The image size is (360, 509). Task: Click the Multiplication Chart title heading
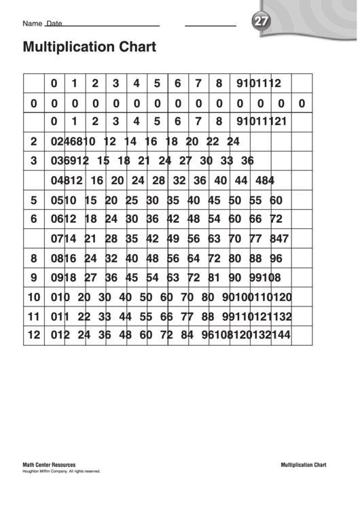[89, 47]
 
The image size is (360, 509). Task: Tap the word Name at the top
[32, 23]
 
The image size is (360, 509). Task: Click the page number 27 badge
[260, 22]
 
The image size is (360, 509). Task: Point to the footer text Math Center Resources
[49, 465]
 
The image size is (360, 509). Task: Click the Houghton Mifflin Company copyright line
[61, 471]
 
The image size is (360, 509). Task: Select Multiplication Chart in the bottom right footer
[303, 465]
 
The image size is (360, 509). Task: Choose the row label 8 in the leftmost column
[33, 258]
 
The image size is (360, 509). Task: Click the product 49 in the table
[173, 239]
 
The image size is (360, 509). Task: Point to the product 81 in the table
[214, 277]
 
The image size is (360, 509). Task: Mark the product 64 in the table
[194, 258]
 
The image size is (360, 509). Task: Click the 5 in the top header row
[157, 84]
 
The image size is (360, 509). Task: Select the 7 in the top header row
[198, 84]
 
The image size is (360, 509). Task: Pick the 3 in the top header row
[115, 84]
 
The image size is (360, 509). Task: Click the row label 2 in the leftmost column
[33, 142]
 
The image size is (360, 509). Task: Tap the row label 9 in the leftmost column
[33, 277]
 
